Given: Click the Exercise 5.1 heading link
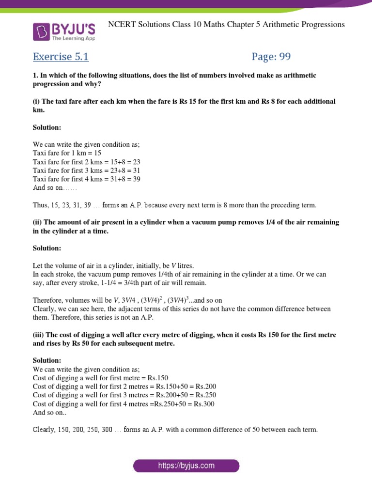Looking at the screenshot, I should [61, 57].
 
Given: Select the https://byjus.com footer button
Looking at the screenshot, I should [186, 466].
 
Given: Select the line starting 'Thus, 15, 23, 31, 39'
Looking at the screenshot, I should [174, 205].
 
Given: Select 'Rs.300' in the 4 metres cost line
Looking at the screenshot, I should [204, 404].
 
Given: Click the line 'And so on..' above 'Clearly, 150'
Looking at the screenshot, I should [51, 413].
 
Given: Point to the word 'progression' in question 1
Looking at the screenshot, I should [53, 84].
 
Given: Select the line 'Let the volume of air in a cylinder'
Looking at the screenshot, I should [113, 265].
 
